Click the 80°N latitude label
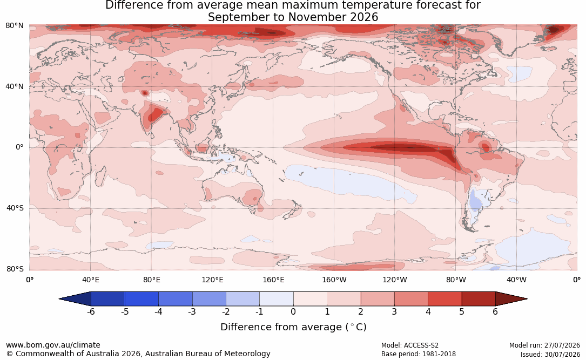pyautogui.click(x=14, y=25)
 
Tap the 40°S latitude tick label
pyautogui.click(x=15, y=208)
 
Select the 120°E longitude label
pyautogui.click(x=212, y=280)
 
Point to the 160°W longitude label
pyautogui.click(x=334, y=280)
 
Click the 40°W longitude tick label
pyautogui.click(x=516, y=280)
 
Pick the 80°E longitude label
pyautogui.click(x=151, y=280)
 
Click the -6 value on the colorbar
pyautogui.click(x=90, y=311)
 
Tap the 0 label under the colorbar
pyautogui.click(x=293, y=311)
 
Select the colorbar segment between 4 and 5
pyautogui.click(x=444, y=299)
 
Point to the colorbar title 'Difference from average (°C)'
pyautogui.click(x=293, y=327)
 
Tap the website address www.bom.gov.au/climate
pyautogui.click(x=53, y=345)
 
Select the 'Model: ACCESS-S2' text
pyautogui.click(x=410, y=345)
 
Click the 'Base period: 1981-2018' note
pyautogui.click(x=419, y=354)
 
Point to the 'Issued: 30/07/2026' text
pyautogui.click(x=550, y=354)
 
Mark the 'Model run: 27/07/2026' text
pyautogui.click(x=544, y=345)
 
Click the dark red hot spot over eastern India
pyautogui.click(x=155, y=114)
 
